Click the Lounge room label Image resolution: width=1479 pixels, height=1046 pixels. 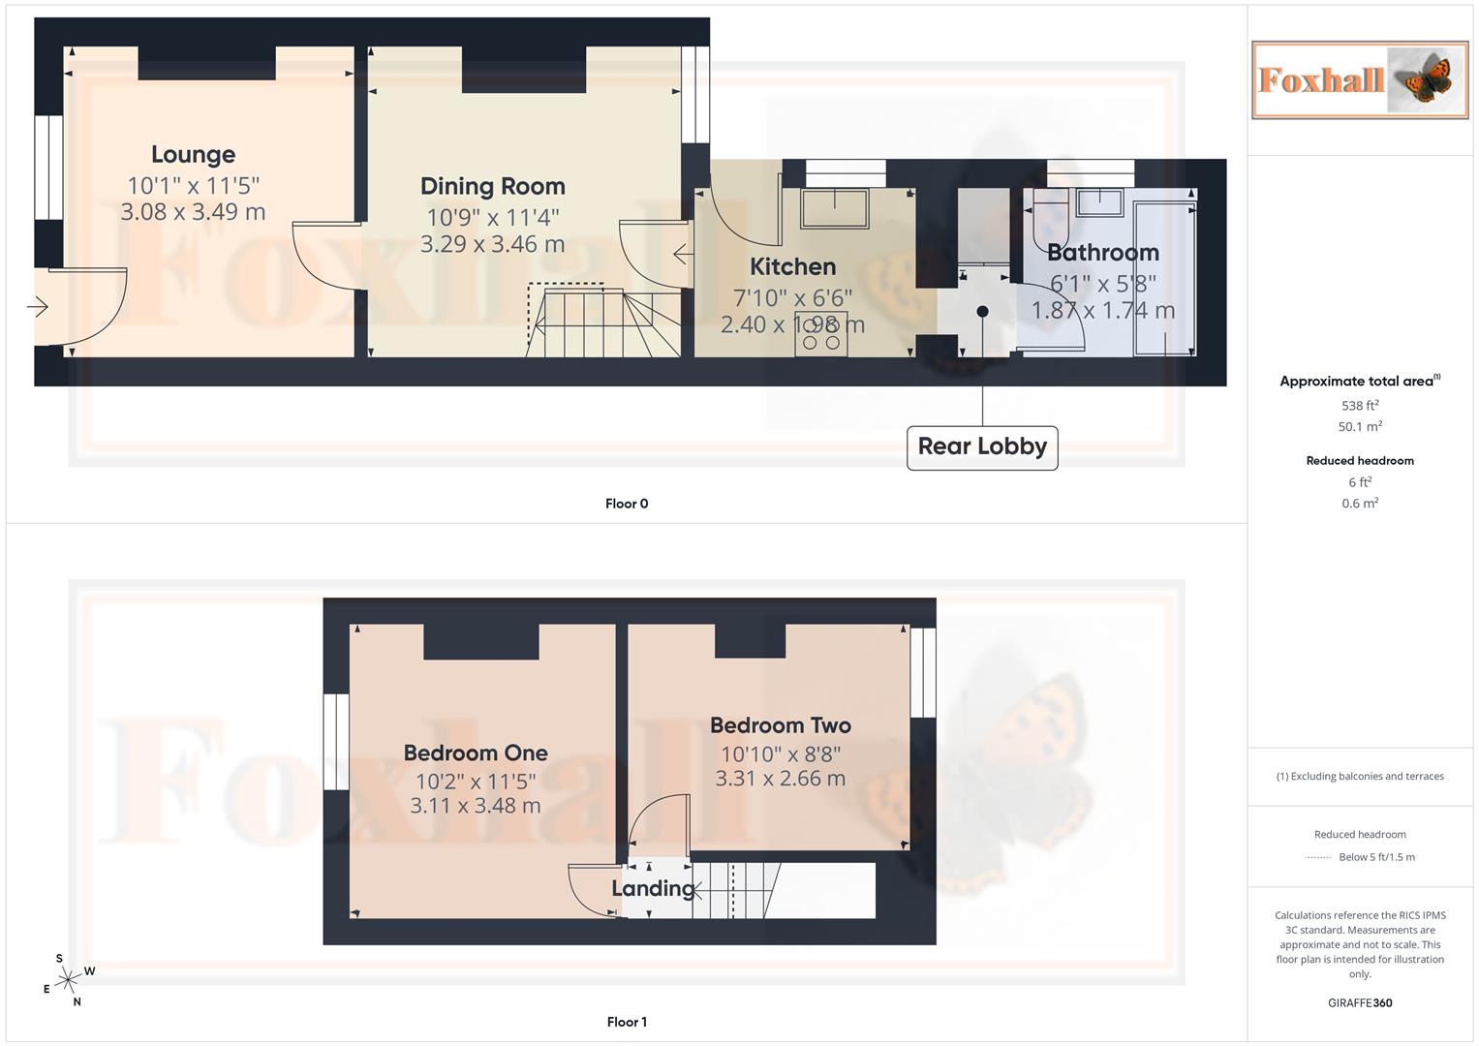(x=193, y=155)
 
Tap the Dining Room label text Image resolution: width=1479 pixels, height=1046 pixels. (x=492, y=187)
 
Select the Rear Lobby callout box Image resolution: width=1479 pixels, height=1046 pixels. (x=981, y=447)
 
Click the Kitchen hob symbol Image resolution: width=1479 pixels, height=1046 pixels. (x=821, y=334)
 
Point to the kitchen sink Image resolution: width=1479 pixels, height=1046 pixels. (x=834, y=207)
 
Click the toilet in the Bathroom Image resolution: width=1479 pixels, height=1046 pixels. (x=1051, y=219)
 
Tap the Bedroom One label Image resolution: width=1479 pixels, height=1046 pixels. (x=475, y=754)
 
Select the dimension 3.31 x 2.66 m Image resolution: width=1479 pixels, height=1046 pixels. (x=780, y=779)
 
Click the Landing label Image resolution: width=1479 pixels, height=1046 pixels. (x=653, y=888)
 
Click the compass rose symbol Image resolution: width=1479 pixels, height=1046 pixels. (x=67, y=980)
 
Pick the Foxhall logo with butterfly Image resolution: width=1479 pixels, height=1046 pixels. (x=1359, y=80)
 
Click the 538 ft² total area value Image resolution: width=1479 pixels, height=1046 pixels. (x=1360, y=406)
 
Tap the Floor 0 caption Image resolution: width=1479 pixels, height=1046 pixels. (x=626, y=504)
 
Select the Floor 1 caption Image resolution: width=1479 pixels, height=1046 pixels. (x=626, y=1022)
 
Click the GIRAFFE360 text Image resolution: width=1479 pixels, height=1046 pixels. (x=1359, y=1003)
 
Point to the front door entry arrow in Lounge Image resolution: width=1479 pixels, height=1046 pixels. (x=38, y=308)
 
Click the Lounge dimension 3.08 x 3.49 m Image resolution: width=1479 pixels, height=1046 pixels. (x=193, y=212)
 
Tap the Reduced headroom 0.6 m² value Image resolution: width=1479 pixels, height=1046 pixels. (x=1360, y=504)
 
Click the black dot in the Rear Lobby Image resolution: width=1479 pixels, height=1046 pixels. (x=982, y=312)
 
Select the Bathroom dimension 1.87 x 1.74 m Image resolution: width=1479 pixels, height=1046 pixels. (x=1102, y=311)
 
